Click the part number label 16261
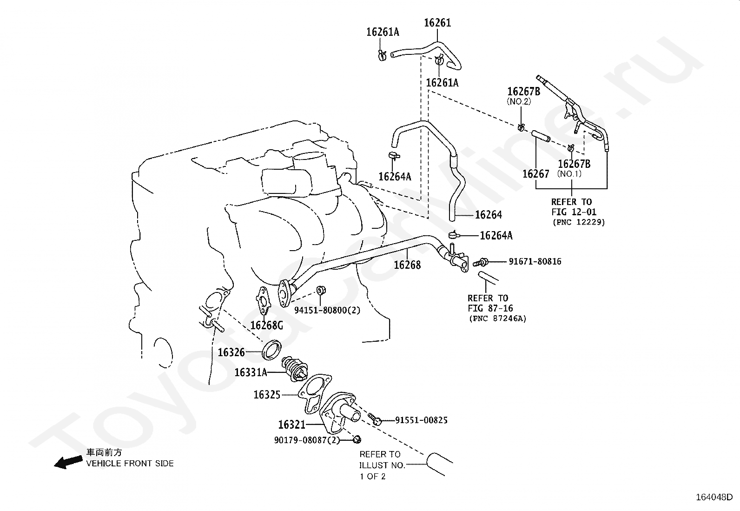(437, 23)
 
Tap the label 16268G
(266, 325)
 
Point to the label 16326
(231, 352)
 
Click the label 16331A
(251, 372)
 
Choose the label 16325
(267, 395)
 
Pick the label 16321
(291, 425)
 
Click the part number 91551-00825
(421, 420)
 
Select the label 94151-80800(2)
(327, 310)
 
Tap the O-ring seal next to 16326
(272, 349)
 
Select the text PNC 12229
(579, 222)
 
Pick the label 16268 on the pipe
(407, 265)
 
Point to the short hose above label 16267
(541, 136)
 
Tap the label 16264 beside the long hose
(489, 215)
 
